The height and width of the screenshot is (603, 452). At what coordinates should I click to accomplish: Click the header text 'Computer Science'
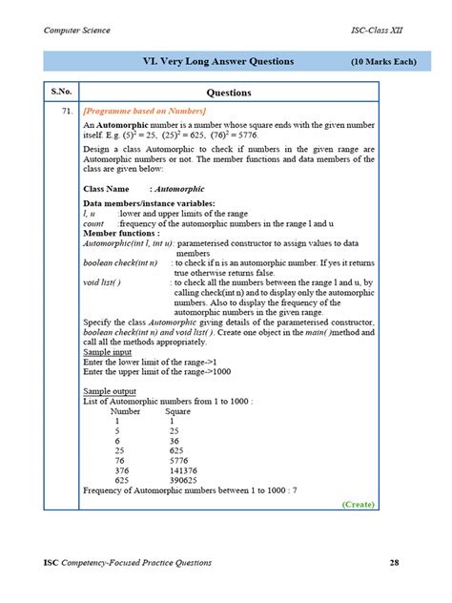point(77,31)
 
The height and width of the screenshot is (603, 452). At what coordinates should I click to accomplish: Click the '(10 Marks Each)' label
point(382,63)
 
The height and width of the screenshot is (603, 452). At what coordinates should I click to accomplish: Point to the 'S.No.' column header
point(62,93)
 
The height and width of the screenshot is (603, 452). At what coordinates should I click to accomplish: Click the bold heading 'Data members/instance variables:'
point(148,204)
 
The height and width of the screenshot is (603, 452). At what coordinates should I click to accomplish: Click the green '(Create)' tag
point(357,503)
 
